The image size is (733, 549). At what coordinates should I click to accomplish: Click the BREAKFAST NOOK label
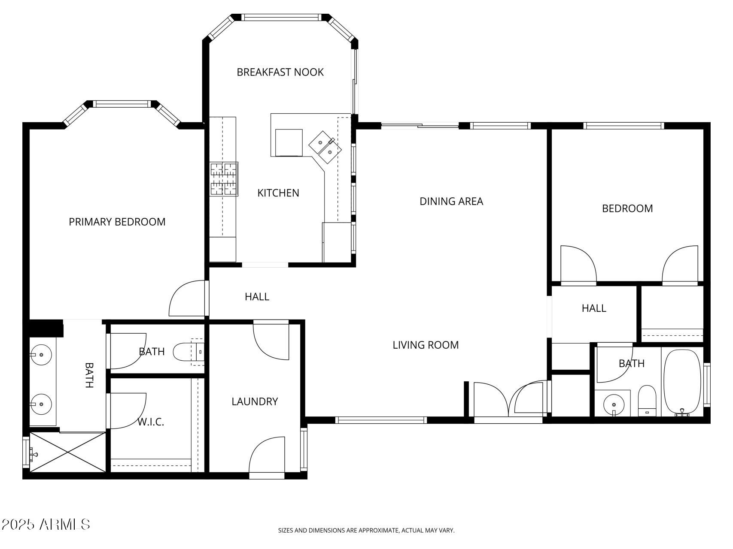pyautogui.click(x=280, y=72)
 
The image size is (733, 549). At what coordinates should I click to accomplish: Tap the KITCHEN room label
pyautogui.click(x=278, y=193)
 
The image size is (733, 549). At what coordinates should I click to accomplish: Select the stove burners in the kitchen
pyautogui.click(x=224, y=179)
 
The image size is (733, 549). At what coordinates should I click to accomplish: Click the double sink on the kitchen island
pyautogui.click(x=325, y=147)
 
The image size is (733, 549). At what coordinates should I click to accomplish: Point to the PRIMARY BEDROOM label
pyautogui.click(x=117, y=222)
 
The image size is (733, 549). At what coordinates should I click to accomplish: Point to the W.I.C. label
pyautogui.click(x=151, y=422)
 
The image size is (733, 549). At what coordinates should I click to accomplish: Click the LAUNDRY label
pyautogui.click(x=255, y=401)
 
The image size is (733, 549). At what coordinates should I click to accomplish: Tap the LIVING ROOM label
pyautogui.click(x=426, y=345)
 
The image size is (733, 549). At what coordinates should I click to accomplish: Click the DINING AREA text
pyautogui.click(x=451, y=201)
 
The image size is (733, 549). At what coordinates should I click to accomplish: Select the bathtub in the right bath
pyautogui.click(x=682, y=383)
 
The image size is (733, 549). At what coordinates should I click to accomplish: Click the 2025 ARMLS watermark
pyautogui.click(x=46, y=524)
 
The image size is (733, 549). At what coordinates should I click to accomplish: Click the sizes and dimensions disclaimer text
pyautogui.click(x=366, y=531)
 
